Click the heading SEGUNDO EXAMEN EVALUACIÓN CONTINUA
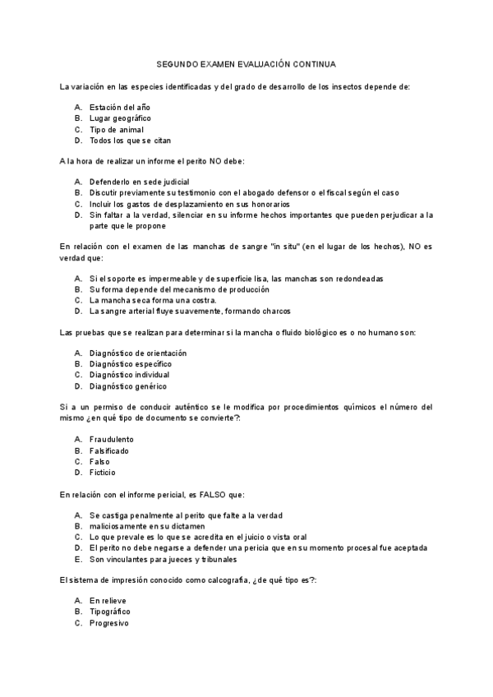click(246, 62)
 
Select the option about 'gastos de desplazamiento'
click(200, 204)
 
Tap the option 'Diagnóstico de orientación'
click(138, 353)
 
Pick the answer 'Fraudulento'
click(112, 439)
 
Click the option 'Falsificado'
click(109, 450)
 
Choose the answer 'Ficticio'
click(103, 473)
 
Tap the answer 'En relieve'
click(108, 601)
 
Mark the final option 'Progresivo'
click(109, 623)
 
